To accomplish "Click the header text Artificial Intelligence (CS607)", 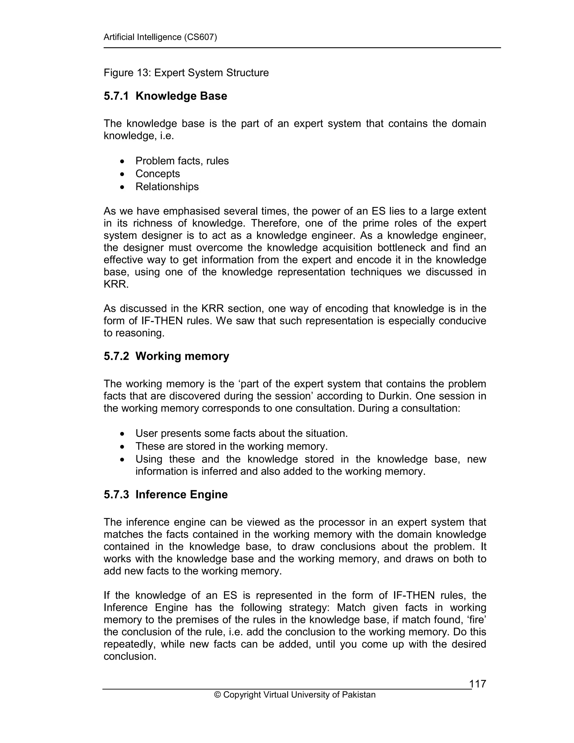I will click(x=160, y=37).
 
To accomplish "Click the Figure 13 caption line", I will click(x=186, y=73).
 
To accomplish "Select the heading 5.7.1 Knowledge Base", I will click(x=165, y=96).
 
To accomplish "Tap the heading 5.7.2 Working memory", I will click(x=166, y=356).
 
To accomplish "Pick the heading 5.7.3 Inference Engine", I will click(x=166, y=495).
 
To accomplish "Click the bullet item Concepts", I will click(x=158, y=174).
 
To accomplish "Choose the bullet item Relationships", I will click(x=167, y=187).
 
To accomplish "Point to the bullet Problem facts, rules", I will click(x=182, y=161).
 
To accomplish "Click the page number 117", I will click(x=477, y=684).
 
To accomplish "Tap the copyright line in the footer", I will click(x=295, y=695).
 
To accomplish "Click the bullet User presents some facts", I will click(x=241, y=433).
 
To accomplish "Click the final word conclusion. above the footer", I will click(x=130, y=656).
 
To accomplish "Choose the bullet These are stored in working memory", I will click(x=231, y=446).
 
